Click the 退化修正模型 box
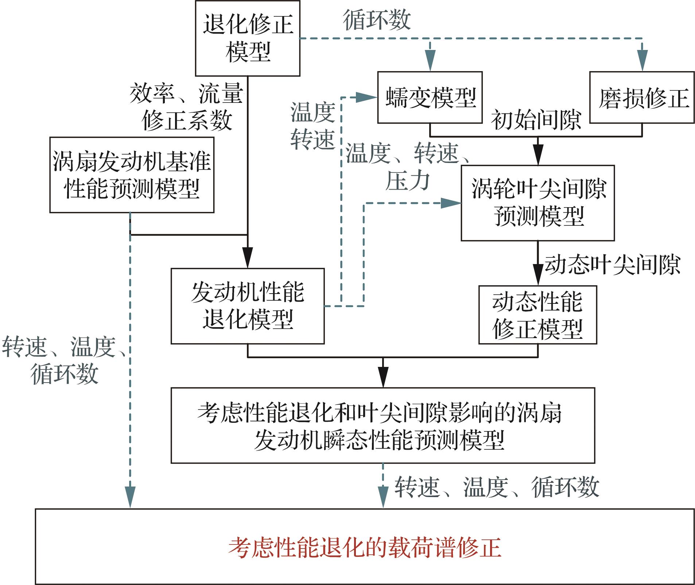248,38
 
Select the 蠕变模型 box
430,97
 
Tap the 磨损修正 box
642,97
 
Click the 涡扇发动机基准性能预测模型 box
132,175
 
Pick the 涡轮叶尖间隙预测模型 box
537,203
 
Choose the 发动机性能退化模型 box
248,306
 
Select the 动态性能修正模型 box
537,315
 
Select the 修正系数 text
187,120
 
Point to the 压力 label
407,181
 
